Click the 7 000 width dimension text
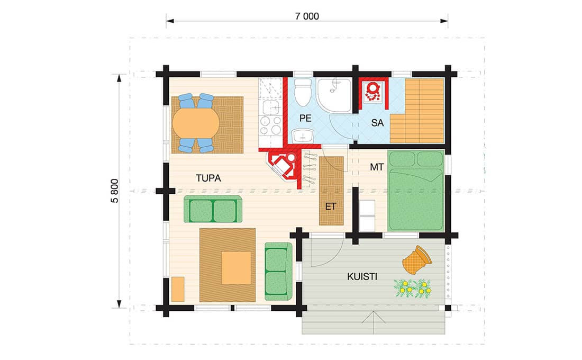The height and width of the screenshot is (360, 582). (306, 16)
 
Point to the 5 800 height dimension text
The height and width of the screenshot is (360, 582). (115, 191)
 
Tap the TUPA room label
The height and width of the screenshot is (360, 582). (208, 178)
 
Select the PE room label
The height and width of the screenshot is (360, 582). (305, 118)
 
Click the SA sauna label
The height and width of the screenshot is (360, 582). (377, 123)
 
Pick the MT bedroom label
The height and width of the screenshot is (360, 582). (377, 167)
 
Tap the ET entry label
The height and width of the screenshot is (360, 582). (330, 206)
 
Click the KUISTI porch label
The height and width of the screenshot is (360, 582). (362, 276)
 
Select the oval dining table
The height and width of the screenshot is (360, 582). (196, 123)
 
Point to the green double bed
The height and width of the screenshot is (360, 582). (415, 191)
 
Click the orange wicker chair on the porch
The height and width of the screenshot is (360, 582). (417, 259)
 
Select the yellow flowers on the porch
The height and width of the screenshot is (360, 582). (413, 289)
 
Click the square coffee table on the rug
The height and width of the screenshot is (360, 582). (236, 268)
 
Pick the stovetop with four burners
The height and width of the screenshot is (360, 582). (270, 125)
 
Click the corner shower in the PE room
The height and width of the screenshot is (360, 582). (334, 95)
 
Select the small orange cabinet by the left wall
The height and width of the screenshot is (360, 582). (178, 289)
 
